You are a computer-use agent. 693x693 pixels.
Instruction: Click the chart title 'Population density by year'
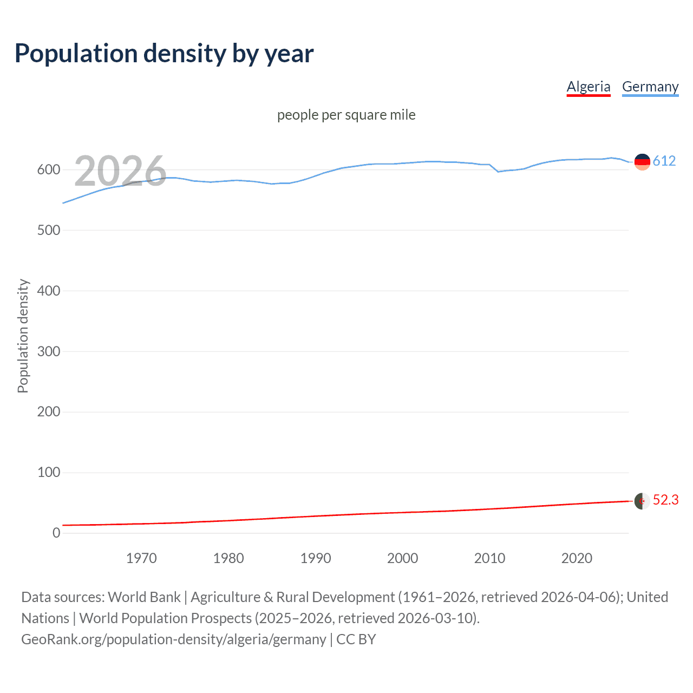pos(164,54)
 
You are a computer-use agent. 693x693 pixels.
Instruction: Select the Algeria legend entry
pos(589,87)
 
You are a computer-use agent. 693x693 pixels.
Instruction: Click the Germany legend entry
pos(650,87)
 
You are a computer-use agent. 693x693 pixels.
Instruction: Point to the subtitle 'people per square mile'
pos(346,115)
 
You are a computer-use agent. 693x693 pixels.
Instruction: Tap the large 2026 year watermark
pos(120,171)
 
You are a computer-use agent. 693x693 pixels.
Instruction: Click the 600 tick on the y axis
pos(49,170)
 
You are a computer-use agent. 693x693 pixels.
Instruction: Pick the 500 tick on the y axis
pos(49,230)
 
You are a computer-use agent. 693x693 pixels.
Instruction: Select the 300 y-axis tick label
pos(49,351)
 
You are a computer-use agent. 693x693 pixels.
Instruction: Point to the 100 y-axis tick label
pos(49,473)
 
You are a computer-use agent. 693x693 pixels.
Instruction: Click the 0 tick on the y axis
pos(56,533)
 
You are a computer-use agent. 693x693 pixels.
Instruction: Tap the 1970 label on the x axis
pos(141,558)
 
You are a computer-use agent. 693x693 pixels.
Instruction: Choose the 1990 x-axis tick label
pos(316,558)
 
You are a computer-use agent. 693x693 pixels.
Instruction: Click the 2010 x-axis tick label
pos(489,558)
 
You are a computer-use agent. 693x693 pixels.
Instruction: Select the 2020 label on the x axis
pos(577,558)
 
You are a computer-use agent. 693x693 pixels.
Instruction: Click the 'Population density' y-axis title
pos(23,336)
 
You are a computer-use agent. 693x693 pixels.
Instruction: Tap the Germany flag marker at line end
pos(642,161)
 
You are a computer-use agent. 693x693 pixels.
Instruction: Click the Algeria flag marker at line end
pos(642,501)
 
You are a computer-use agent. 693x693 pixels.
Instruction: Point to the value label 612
pos(664,161)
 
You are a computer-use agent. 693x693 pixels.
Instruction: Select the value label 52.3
pos(665,500)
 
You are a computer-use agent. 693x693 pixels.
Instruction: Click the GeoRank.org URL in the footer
pos(174,639)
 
